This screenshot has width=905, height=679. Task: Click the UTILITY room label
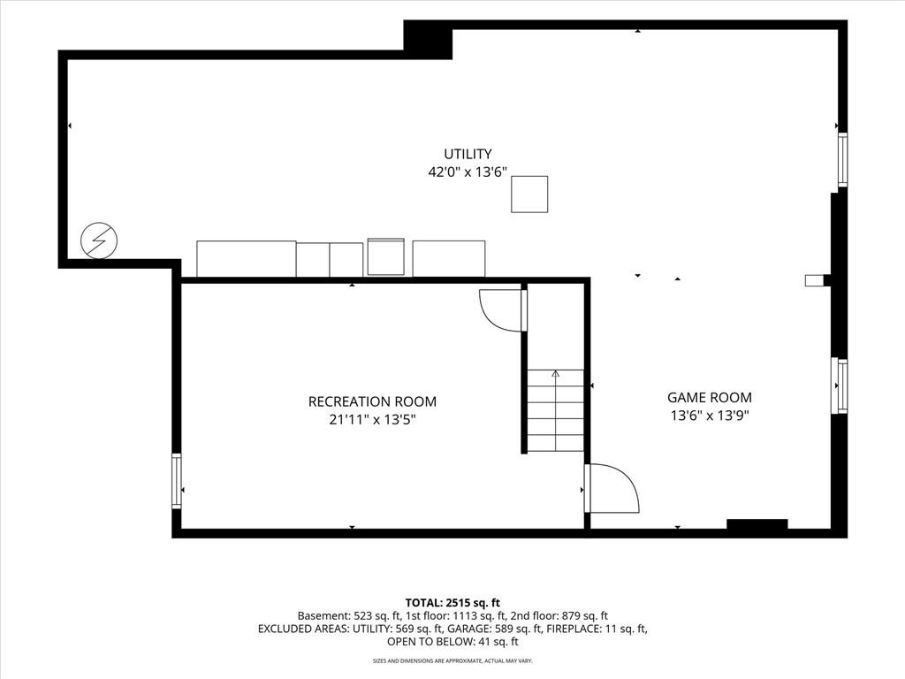[x=468, y=154]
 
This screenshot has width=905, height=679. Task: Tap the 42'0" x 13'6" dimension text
[x=468, y=172]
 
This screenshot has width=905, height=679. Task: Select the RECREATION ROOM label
[x=372, y=402]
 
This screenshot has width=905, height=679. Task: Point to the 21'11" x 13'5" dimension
[x=372, y=420]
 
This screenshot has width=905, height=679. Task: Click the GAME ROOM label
[x=710, y=398]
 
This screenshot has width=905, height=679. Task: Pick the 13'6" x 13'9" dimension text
[x=710, y=416]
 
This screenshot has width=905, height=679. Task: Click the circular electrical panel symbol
[x=99, y=240]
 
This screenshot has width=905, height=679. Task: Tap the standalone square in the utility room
[x=529, y=195]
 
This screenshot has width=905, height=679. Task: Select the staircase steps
[x=555, y=410]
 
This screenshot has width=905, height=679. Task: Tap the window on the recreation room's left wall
[x=176, y=481]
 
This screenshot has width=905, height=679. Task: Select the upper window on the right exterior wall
[x=842, y=159]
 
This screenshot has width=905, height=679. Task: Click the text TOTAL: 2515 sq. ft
[x=452, y=603]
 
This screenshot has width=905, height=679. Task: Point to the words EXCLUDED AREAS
[x=303, y=629]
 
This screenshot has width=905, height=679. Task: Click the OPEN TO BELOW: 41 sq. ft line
[x=452, y=642]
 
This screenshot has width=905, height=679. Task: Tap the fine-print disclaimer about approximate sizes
[x=452, y=660]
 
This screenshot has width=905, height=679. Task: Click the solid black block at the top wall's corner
[x=428, y=39]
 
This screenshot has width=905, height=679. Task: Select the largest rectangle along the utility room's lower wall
[x=247, y=259]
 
